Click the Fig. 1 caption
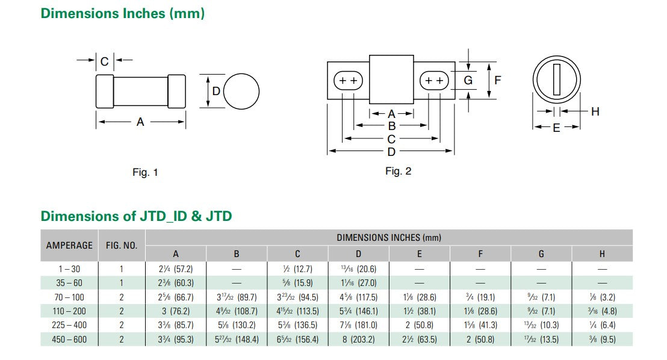[x=145, y=172]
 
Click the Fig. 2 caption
[x=398, y=171]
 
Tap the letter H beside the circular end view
[x=595, y=111]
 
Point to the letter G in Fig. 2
[x=468, y=80]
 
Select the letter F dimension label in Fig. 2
[x=498, y=80]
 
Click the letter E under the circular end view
[x=556, y=128]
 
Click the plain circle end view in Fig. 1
[x=241, y=92]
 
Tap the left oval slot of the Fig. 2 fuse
[x=349, y=81]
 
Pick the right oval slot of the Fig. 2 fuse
[x=434, y=81]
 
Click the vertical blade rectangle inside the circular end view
[x=557, y=79]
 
